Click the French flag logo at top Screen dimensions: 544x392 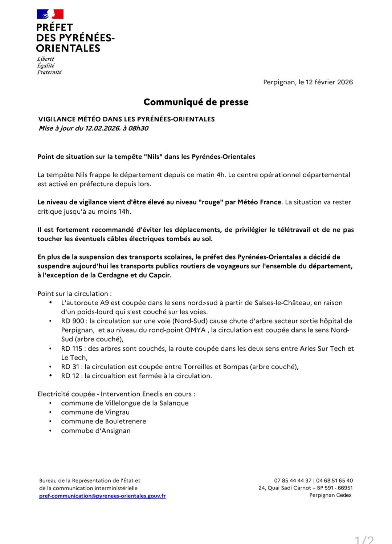[50, 14]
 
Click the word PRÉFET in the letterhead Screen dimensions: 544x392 [54, 28]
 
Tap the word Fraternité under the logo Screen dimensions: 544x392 [49, 72]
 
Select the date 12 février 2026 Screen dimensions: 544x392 [329, 82]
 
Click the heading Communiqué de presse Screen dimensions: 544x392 [196, 102]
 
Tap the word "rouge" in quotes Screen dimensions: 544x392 [210, 202]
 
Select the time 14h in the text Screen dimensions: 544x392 [124, 211]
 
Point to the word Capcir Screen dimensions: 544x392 [160, 275]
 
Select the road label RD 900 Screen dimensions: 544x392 [73, 321]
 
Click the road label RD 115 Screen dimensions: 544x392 [72, 348]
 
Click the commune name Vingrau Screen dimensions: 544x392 [117, 412]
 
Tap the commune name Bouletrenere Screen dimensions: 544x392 [126, 421]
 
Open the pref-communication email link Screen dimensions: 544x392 [102, 496]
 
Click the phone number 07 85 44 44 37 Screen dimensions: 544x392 [293, 480]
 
